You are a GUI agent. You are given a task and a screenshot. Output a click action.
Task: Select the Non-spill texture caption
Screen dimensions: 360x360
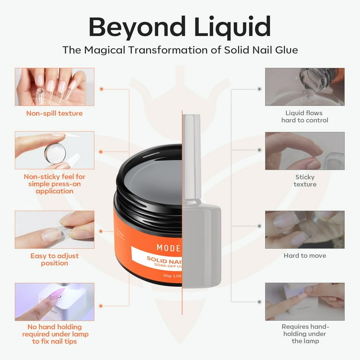(54, 113)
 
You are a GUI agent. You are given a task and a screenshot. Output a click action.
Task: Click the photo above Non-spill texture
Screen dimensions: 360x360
(54, 87)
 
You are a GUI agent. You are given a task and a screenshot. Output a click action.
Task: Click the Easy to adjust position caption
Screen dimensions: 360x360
(54, 259)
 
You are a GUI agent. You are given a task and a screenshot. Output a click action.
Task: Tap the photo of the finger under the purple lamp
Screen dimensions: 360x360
(54, 301)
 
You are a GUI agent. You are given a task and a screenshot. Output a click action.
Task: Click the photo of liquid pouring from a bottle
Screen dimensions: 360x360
(305, 87)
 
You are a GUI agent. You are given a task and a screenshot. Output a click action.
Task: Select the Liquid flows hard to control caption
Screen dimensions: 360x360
(305, 116)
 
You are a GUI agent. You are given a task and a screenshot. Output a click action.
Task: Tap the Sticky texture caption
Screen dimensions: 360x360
(305, 180)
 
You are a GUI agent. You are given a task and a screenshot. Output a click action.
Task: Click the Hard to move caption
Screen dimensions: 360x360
(305, 255)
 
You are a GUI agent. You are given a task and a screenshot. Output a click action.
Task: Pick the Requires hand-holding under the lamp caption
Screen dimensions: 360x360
(305, 334)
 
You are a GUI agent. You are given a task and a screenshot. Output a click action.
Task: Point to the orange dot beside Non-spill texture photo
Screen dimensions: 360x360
(101, 88)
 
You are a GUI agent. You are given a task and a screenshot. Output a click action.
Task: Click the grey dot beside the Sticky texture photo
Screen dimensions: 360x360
(259, 150)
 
